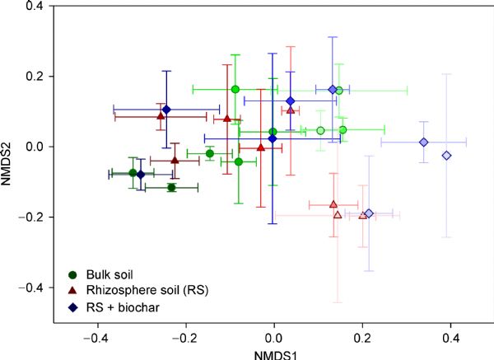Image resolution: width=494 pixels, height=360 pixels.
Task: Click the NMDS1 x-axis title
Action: click(274, 353)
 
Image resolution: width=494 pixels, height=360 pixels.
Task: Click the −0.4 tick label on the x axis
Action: click(98, 338)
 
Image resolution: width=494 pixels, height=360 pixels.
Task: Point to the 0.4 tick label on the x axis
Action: click(450, 338)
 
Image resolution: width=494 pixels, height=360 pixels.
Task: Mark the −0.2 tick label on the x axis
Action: click(186, 338)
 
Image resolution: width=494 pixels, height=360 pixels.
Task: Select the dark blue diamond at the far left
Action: click(140, 175)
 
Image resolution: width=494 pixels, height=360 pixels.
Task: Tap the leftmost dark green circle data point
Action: click(133, 173)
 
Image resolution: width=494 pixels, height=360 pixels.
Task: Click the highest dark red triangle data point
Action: click(161, 116)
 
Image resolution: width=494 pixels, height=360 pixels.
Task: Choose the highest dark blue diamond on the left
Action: click(166, 110)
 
